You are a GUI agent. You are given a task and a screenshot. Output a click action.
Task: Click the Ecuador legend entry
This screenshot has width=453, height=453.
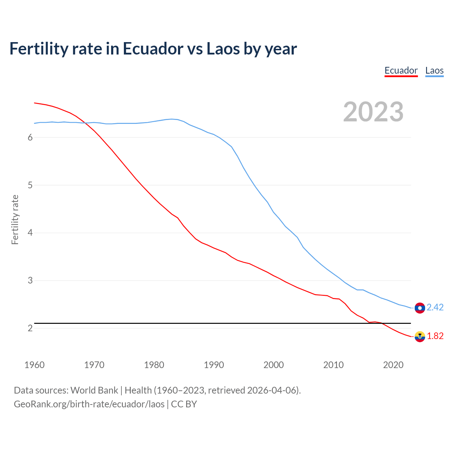pyautogui.click(x=401, y=70)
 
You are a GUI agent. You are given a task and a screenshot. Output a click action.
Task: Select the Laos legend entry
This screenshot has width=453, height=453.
pyautogui.click(x=434, y=70)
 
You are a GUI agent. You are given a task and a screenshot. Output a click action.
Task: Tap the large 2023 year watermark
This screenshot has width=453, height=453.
pyautogui.click(x=373, y=112)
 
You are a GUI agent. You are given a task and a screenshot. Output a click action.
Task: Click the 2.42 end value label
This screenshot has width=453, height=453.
pyautogui.click(x=435, y=307)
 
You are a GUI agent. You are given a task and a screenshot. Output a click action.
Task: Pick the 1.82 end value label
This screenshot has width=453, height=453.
pyautogui.click(x=435, y=336)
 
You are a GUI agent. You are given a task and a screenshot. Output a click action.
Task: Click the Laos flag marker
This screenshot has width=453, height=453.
pyautogui.click(x=420, y=308)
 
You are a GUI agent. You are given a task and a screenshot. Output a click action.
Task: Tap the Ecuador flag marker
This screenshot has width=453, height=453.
pyautogui.click(x=420, y=337)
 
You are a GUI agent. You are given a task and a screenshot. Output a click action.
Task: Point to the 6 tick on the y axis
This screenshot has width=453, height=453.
pyautogui.click(x=30, y=137)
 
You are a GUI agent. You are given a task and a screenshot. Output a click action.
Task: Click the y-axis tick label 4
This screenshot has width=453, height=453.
pyautogui.click(x=30, y=233)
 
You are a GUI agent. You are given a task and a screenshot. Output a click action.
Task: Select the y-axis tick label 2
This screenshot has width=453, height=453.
pyautogui.click(x=30, y=328)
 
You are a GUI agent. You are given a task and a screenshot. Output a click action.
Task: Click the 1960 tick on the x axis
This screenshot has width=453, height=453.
pyautogui.click(x=34, y=365)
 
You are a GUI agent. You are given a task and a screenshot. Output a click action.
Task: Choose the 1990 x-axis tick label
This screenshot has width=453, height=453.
pyautogui.click(x=214, y=365)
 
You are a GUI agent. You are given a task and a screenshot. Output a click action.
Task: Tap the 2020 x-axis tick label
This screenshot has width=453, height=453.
pyautogui.click(x=393, y=365)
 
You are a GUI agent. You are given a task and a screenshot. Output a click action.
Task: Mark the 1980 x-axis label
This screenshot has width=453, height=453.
pyautogui.click(x=154, y=365)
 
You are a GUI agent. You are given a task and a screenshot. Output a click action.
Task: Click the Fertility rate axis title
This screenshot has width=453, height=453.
pyautogui.click(x=15, y=219)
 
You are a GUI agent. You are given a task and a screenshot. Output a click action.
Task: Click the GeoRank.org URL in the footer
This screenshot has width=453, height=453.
pyautogui.click(x=89, y=404)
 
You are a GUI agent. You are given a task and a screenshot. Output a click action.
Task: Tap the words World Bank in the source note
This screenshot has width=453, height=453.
pyautogui.click(x=94, y=390)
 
